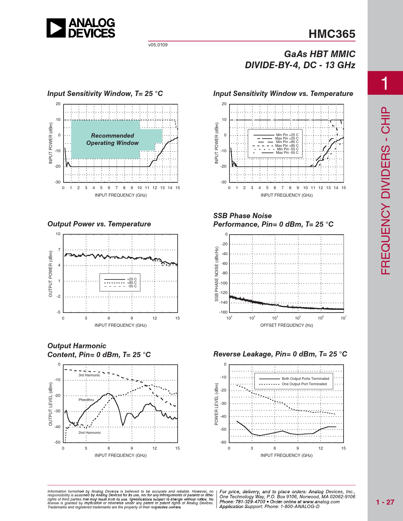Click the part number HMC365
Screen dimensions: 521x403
332,34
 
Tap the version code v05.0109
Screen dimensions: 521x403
158,45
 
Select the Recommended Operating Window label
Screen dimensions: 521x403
113,139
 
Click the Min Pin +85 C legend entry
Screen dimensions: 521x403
287,142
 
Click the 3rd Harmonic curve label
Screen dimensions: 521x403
89,375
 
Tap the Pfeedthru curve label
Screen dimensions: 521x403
86,400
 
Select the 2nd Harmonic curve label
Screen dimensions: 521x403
89,433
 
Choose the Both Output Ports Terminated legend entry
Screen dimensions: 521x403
305,379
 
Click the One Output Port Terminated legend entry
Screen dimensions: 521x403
304,384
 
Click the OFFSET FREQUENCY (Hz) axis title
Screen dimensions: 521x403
286,325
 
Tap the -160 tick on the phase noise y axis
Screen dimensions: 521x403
223,312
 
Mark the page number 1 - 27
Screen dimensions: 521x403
385,502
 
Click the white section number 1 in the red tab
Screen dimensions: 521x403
385,83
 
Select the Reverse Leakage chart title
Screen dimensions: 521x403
280,354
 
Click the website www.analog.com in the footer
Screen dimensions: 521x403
321,502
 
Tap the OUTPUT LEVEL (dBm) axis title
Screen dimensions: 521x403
51,404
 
